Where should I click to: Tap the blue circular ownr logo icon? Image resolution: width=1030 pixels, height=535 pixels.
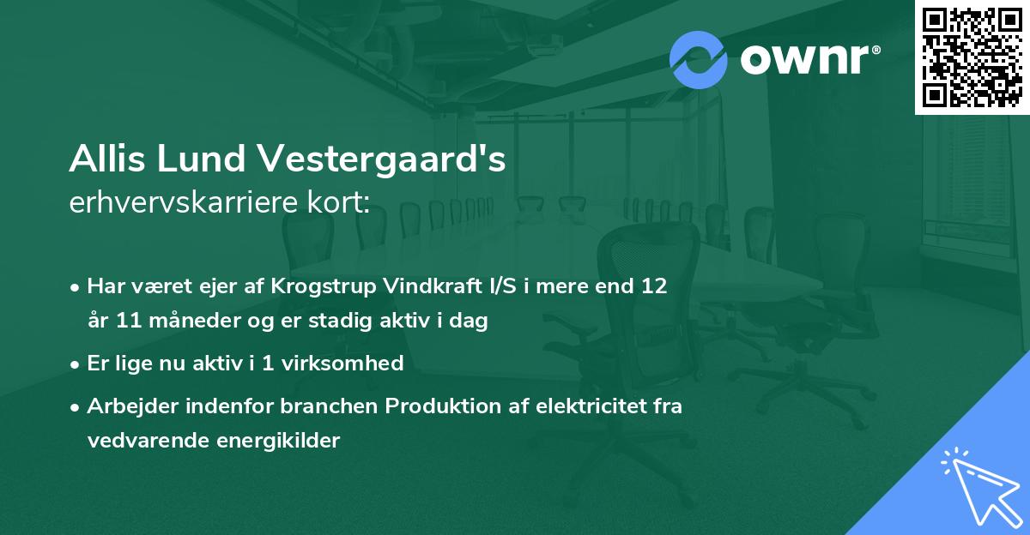click(698, 60)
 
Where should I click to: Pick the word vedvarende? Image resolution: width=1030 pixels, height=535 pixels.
click(142, 441)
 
